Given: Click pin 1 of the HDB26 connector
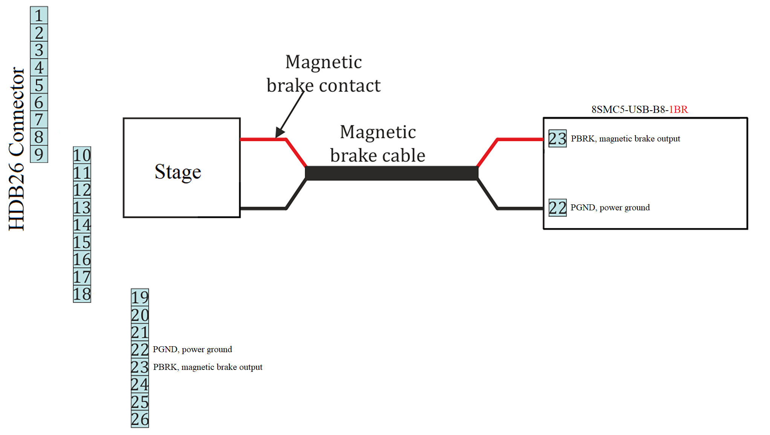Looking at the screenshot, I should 39,15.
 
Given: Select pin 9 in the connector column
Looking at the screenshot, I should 39,154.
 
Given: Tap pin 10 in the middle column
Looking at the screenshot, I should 82,155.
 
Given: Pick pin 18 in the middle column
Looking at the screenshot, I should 82,294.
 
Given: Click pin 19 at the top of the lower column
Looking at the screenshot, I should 140,297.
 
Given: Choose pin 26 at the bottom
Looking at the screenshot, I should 140,419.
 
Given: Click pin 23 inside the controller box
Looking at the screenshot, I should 557,138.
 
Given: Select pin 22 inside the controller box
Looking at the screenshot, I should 557,207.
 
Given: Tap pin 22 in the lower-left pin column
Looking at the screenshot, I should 140,350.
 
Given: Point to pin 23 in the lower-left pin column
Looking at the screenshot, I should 140,367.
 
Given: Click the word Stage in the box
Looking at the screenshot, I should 178,172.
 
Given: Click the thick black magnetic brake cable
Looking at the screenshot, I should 392,173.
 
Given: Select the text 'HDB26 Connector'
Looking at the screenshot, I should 17,149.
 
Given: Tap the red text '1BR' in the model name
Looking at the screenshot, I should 678,110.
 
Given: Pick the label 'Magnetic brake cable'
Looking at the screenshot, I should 378,144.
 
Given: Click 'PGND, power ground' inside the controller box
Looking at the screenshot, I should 610,207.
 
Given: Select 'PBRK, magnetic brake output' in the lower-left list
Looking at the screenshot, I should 208,367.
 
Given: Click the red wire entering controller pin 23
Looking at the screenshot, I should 520,139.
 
